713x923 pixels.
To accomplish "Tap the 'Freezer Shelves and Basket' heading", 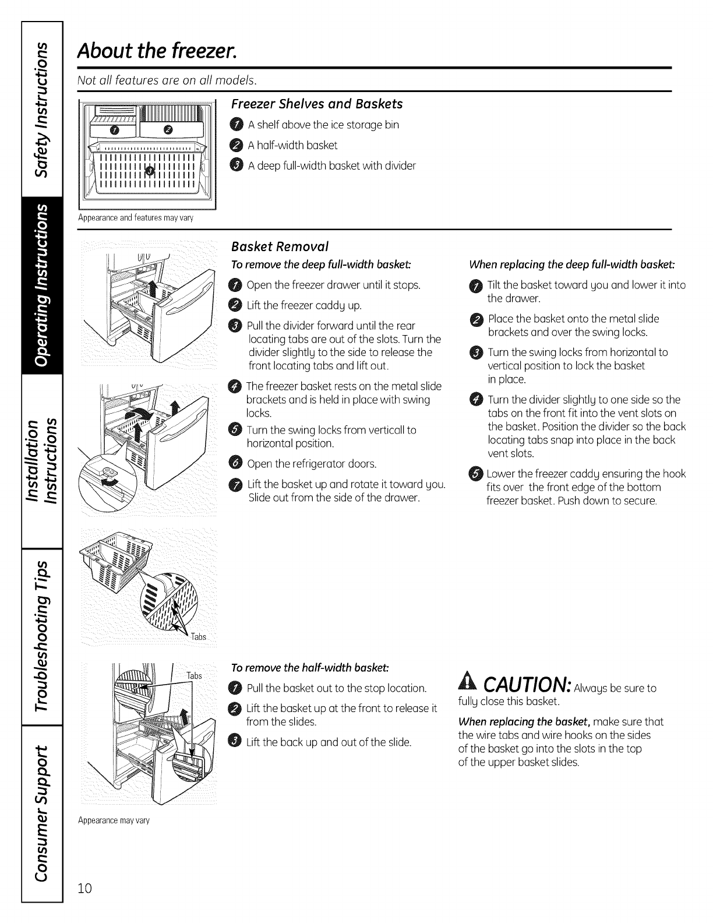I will coord(317,104).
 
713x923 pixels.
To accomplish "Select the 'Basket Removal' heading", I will coord(280,245).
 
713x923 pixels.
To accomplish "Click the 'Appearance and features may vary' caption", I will coord(135,218).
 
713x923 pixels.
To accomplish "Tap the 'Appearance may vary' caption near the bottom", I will coord(114,820).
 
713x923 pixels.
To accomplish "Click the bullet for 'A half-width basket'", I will coord(235,145).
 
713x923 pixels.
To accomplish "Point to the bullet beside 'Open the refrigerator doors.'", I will coord(235,464).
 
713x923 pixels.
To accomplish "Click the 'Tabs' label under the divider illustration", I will coord(199,636).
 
